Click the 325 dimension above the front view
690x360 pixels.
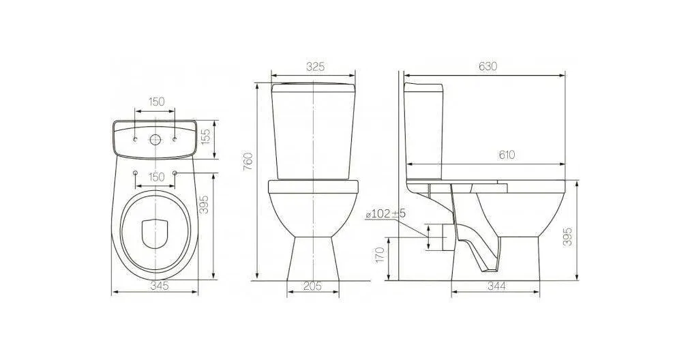click(x=315, y=66)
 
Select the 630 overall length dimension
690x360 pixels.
click(x=487, y=66)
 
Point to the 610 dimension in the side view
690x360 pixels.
click(x=507, y=155)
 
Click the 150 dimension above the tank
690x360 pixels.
click(x=156, y=102)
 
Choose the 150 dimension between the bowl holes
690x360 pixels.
click(x=156, y=177)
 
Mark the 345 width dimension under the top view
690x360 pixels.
click(x=160, y=286)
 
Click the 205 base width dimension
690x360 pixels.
click(x=312, y=286)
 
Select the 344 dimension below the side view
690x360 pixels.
click(x=496, y=286)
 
